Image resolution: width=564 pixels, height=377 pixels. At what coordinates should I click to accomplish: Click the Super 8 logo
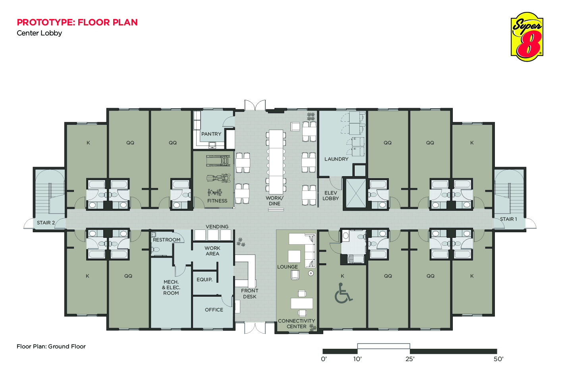[x=527, y=37]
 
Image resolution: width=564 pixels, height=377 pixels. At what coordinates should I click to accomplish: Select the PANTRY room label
[x=211, y=134]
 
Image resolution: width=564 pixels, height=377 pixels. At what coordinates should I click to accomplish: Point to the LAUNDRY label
[x=336, y=159]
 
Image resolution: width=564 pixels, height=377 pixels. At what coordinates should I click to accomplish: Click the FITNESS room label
[x=217, y=201]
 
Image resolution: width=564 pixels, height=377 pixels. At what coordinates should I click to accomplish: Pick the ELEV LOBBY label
[x=330, y=196]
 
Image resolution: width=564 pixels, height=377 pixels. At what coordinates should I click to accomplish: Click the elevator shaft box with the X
[x=355, y=193]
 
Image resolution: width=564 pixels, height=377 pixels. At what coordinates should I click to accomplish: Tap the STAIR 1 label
[x=508, y=219]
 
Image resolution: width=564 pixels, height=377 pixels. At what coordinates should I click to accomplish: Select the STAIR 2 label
[x=46, y=223]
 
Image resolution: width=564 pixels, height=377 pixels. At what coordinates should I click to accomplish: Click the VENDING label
[x=217, y=227]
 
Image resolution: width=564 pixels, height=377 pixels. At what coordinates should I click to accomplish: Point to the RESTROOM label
[x=166, y=240]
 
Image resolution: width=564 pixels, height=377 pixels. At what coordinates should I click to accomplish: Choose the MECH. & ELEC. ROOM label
[x=171, y=288]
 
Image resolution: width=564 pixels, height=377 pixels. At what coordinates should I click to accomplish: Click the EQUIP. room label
[x=205, y=280]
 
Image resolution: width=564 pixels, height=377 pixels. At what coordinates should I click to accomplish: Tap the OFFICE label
[x=214, y=310]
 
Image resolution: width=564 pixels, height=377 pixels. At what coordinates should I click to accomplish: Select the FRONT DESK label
[x=249, y=293]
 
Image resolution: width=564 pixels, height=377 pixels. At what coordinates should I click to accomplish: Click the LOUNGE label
[x=287, y=267]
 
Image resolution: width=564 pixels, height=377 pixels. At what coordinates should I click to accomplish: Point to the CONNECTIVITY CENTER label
[x=296, y=324]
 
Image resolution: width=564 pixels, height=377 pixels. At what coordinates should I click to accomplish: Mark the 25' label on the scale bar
[x=409, y=359]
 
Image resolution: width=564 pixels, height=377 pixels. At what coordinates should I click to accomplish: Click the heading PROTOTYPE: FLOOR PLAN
[x=77, y=22]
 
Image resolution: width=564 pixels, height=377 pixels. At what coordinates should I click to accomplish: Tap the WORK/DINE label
[x=274, y=201]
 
